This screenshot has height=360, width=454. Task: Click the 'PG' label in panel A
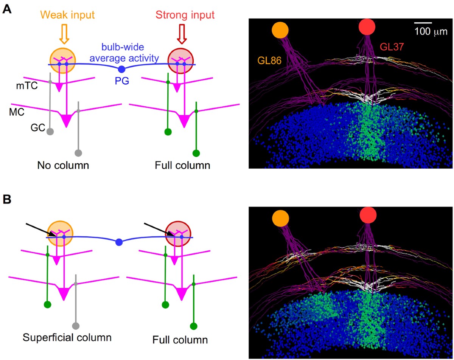pos(121,79)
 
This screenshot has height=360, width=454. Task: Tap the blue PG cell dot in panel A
pos(121,69)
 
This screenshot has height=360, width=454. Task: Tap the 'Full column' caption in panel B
pos(180,340)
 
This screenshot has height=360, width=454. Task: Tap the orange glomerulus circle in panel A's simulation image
pos(280,30)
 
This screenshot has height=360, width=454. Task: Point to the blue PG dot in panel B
pos(119,242)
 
